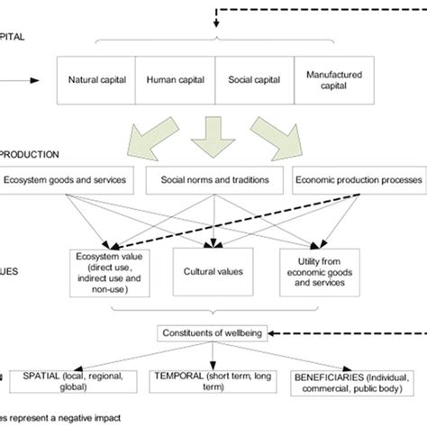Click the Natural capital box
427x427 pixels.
[95, 79]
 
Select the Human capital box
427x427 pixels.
[175, 79]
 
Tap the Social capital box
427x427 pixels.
[254, 79]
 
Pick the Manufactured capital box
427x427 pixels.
[333, 79]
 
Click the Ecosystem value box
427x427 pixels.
[107, 270]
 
